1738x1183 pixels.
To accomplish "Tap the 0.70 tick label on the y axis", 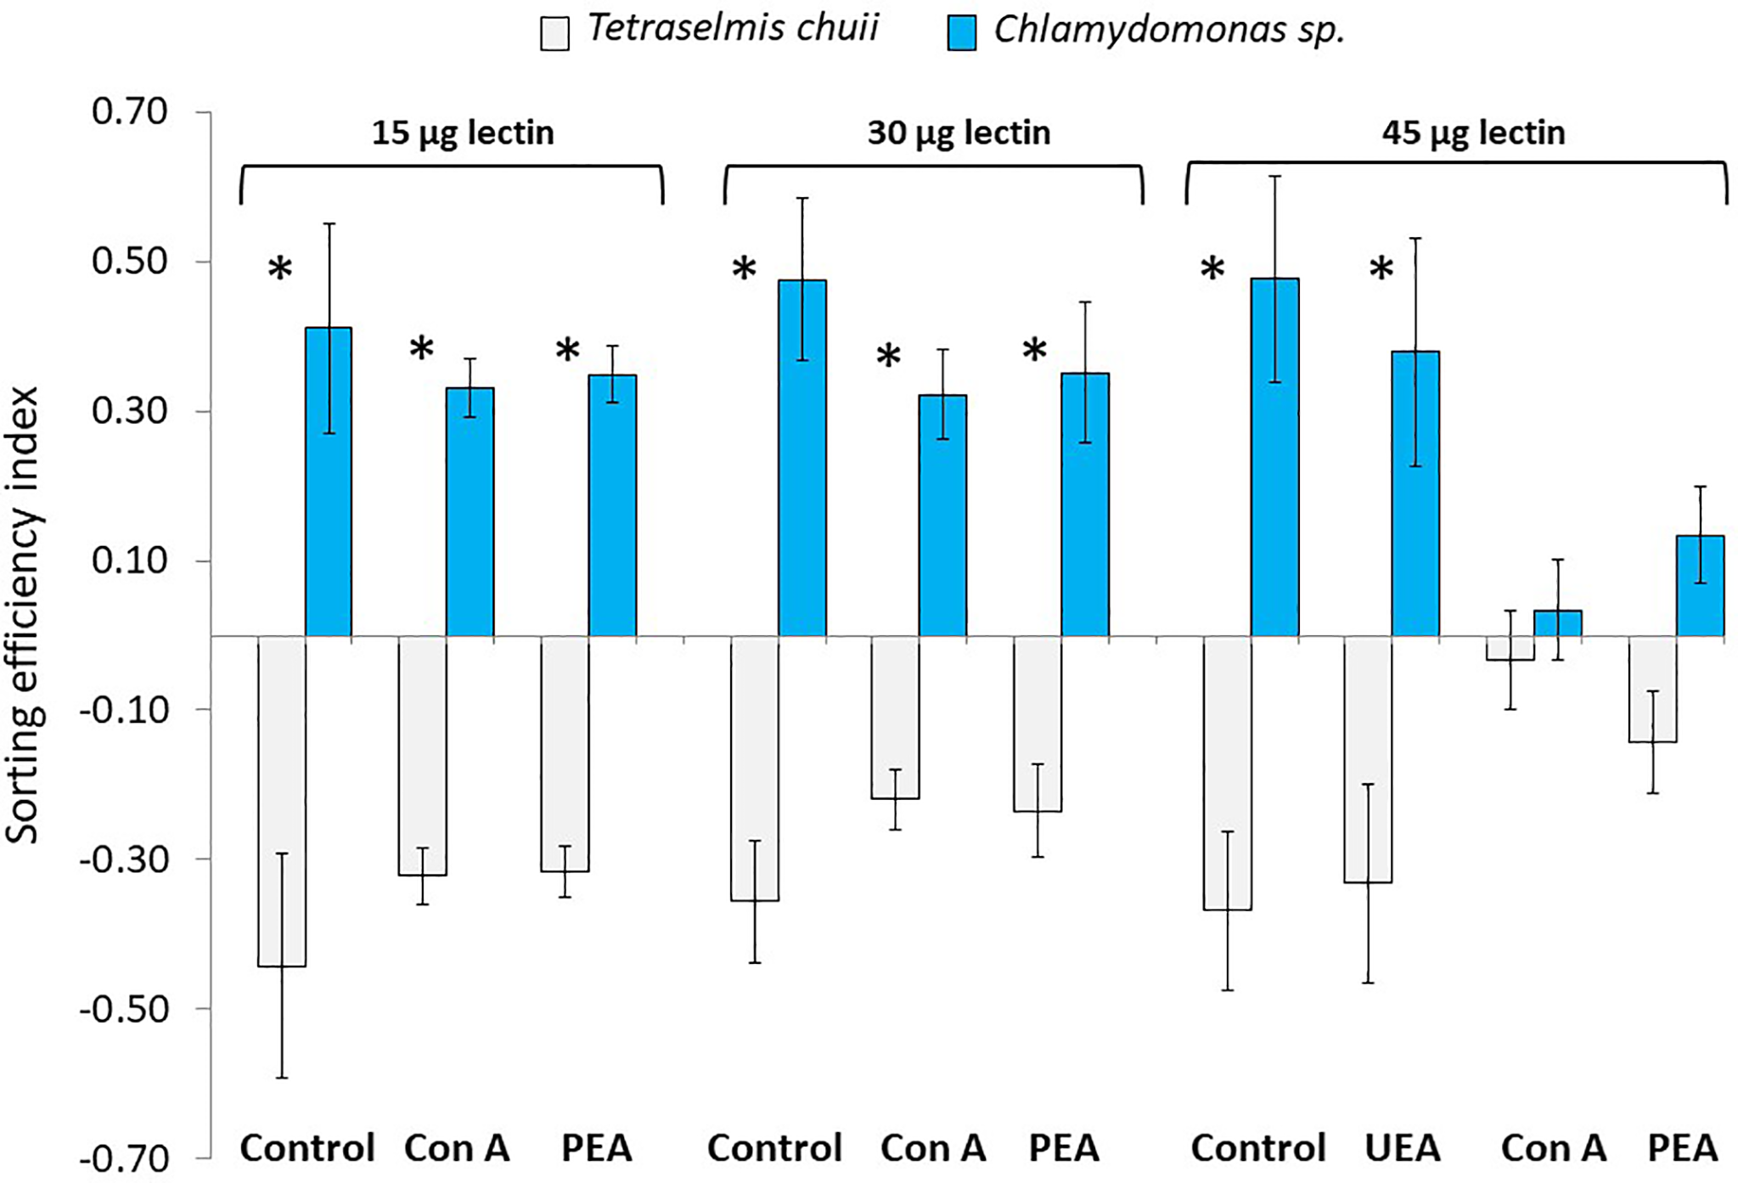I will [130, 112].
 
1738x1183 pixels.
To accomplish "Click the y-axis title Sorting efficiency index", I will [24, 616].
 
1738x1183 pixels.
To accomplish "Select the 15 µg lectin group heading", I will [463, 133].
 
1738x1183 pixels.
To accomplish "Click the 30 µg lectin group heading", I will [959, 133].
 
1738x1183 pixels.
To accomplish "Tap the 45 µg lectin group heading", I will [1473, 133].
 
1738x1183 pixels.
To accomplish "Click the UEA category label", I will [1403, 1148].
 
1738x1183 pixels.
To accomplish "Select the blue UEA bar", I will [1415, 493].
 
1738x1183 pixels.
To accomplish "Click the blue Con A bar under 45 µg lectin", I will [1557, 622].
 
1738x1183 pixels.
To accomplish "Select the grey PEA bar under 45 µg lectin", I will [1652, 689].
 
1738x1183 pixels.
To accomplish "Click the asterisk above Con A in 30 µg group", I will [888, 357].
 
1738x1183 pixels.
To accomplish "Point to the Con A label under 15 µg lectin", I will [457, 1148].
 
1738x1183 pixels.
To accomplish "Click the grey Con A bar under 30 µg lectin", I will [895, 717].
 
